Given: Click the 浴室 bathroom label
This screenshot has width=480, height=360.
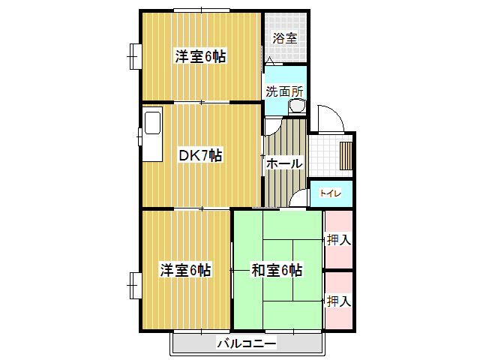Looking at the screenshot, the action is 285,38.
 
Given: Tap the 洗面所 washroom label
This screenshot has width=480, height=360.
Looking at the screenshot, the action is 284,91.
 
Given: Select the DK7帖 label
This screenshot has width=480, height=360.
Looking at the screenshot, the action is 200,155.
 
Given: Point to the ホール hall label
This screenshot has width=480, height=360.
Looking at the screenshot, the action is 284,163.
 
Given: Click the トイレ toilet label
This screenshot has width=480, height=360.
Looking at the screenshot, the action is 330,193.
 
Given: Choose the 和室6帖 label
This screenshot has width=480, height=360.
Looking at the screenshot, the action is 277,270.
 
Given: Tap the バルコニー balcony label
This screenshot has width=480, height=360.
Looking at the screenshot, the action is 247,343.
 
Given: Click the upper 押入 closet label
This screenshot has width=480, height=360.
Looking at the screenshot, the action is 339,240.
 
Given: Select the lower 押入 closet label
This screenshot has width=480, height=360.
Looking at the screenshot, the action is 339,301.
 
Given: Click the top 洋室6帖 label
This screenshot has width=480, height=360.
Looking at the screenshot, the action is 200,57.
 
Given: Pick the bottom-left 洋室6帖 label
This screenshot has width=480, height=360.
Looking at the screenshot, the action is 185,270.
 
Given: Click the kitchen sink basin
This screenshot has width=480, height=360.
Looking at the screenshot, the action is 152,123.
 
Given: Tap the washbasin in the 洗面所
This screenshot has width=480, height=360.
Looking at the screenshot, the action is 297,106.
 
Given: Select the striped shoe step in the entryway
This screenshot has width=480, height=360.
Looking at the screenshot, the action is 346,155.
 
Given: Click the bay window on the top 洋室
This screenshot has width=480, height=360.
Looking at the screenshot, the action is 135,57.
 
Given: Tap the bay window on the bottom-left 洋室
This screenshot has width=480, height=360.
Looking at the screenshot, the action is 135,285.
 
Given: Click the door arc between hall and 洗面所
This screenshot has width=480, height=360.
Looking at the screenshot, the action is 277,128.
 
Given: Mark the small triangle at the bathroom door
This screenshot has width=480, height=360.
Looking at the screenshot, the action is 270,60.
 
